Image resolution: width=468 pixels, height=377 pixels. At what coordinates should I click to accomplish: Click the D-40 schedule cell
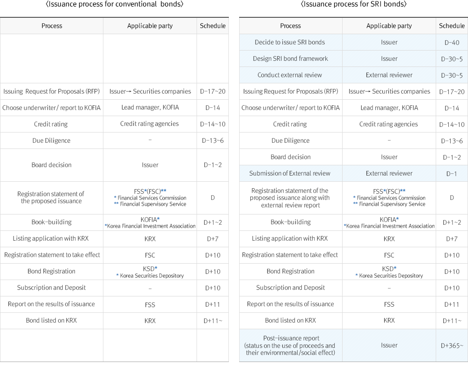(452, 43)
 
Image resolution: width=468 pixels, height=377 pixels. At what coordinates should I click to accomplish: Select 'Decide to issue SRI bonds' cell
(291, 42)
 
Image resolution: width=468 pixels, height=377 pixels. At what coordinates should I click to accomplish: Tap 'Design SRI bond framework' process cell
(291, 59)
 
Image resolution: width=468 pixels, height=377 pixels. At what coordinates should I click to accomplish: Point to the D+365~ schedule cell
(452, 346)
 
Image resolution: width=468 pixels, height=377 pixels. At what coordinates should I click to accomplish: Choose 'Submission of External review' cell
(291, 173)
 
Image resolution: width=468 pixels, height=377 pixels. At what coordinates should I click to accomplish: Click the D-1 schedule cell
(452, 174)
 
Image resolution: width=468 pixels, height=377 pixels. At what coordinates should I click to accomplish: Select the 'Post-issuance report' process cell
(291, 345)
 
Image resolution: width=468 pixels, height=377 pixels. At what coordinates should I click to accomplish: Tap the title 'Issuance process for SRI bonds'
(353, 4)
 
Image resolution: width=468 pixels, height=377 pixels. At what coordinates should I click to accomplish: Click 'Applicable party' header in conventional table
(150, 26)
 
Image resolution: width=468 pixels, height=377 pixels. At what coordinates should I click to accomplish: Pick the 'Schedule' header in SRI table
(452, 26)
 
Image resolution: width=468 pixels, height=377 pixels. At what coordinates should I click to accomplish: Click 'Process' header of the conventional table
(51, 26)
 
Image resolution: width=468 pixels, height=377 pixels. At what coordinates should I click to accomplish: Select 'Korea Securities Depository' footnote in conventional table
(150, 275)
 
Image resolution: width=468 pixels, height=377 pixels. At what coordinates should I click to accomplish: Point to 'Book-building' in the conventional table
(51, 222)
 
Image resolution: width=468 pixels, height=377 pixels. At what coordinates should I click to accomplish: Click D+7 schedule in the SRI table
(452, 239)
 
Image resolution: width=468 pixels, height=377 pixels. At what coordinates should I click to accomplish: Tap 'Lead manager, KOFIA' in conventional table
(150, 108)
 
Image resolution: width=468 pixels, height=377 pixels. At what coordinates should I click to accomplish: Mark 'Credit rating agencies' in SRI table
(388, 124)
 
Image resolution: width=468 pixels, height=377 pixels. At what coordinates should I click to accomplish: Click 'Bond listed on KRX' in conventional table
(51, 320)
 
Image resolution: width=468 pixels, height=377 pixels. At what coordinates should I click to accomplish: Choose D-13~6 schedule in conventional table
(212, 140)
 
